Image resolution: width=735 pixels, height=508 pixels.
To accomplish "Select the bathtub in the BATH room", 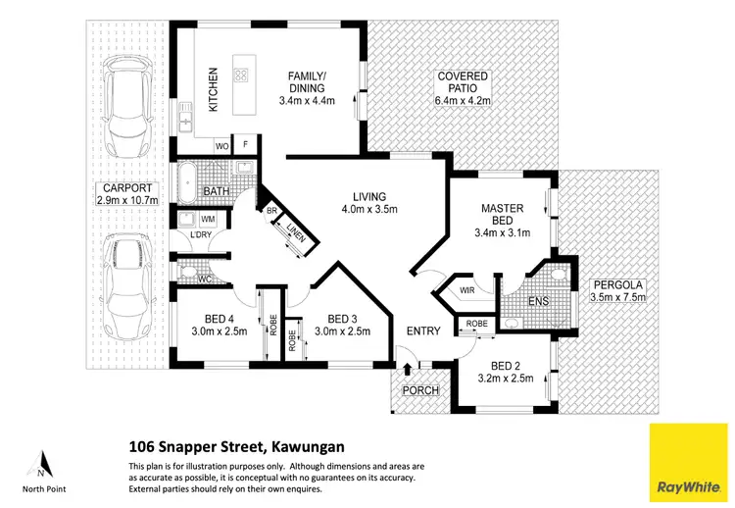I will pyautogui.click(x=185, y=183).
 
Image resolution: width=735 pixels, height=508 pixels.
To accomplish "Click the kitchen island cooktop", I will pyautogui.click(x=240, y=76).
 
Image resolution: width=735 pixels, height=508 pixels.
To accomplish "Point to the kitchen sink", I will pyautogui.click(x=184, y=123).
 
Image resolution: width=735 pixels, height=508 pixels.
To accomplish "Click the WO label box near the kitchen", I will pyautogui.click(x=222, y=146).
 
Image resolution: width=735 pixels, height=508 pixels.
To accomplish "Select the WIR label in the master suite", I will pyautogui.click(x=466, y=290).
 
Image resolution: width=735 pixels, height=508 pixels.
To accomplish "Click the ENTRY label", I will pyautogui.click(x=423, y=331).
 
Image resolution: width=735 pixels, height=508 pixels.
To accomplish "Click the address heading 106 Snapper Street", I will pyautogui.click(x=236, y=446).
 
